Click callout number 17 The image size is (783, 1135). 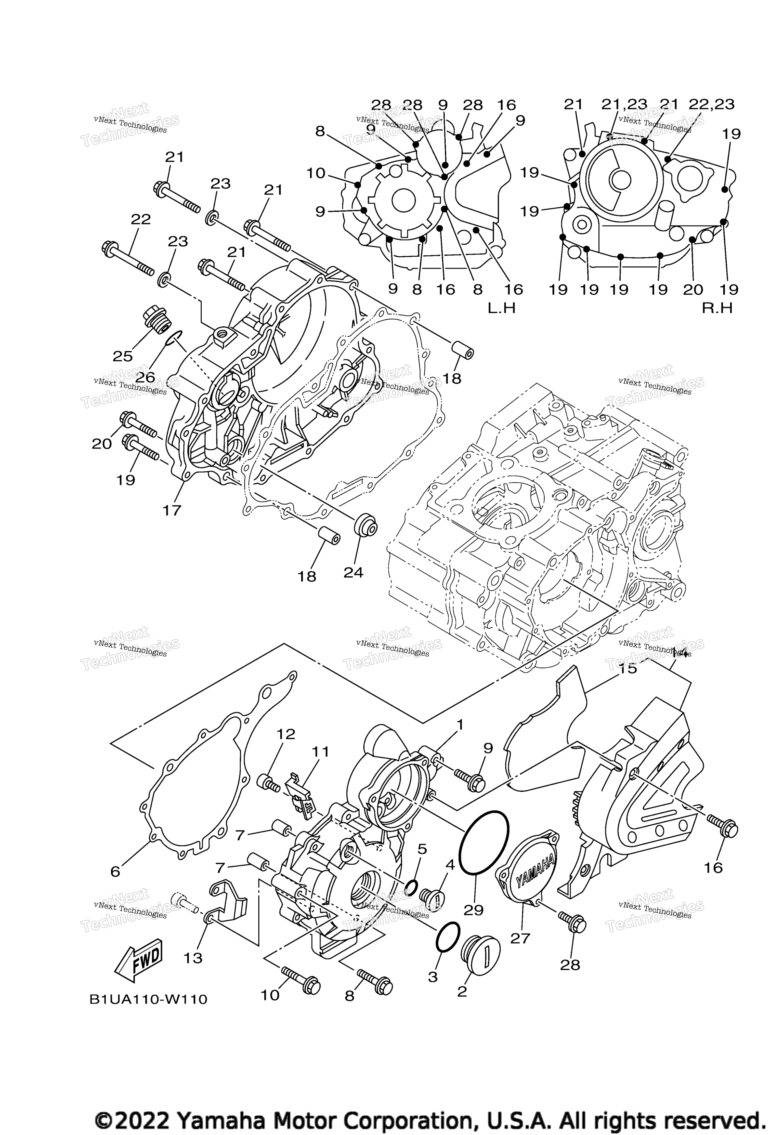tap(172, 511)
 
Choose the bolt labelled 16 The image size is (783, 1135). tap(723, 828)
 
